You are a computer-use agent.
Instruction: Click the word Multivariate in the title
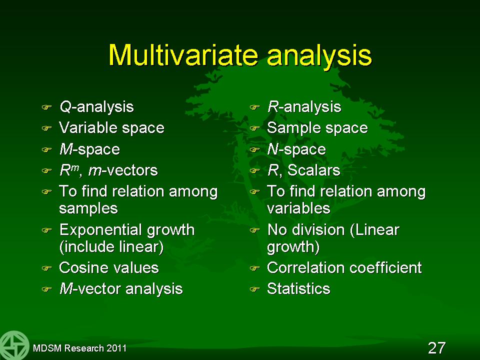(183, 55)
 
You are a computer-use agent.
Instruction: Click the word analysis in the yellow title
(319, 56)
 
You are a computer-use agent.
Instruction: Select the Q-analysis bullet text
(96, 107)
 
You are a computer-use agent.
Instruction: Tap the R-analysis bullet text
(304, 107)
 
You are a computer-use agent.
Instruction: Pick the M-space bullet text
(89, 149)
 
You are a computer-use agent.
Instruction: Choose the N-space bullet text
(296, 149)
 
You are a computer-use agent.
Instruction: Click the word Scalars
(314, 170)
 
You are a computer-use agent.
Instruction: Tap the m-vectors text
(123, 170)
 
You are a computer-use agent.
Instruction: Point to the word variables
(298, 208)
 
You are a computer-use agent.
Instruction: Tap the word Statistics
(298, 288)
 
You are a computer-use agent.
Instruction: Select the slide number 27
(436, 348)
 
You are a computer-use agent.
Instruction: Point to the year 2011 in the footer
(116, 348)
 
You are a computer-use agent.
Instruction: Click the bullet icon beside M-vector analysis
(46, 289)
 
